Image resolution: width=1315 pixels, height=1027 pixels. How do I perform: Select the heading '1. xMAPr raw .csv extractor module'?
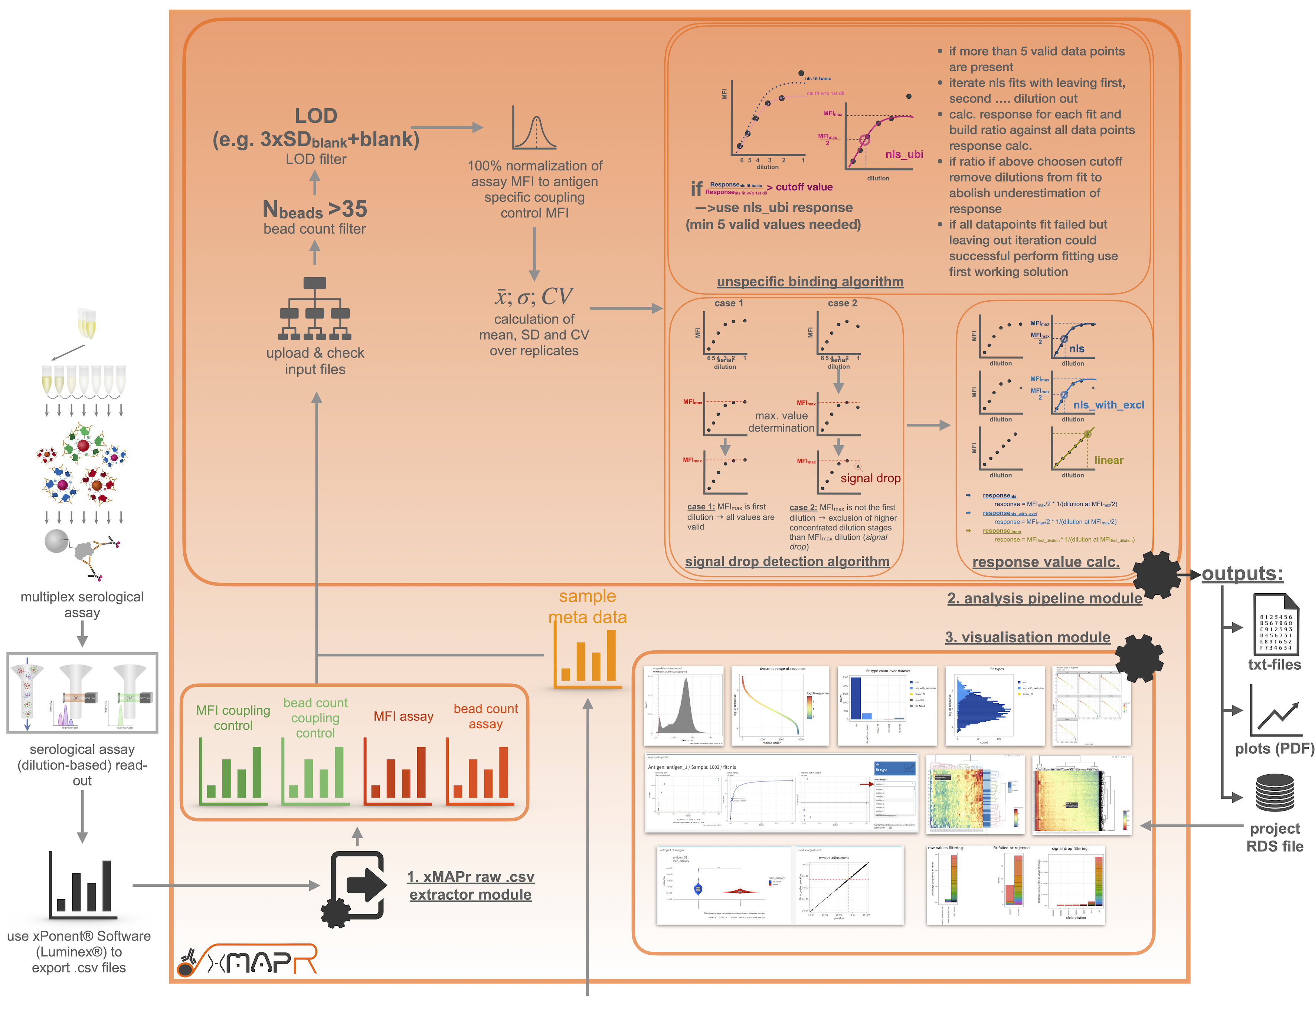(470, 886)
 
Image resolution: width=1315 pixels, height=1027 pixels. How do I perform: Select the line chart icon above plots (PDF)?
(1275, 712)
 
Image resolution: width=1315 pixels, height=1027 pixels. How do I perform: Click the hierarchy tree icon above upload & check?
(315, 308)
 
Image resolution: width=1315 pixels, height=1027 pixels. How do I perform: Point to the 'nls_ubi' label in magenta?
(904, 154)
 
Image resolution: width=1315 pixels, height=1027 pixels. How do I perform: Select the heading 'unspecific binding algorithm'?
(810, 281)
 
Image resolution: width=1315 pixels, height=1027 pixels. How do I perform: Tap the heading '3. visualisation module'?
(1027, 637)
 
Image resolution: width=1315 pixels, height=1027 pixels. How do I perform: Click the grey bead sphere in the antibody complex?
(56, 541)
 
